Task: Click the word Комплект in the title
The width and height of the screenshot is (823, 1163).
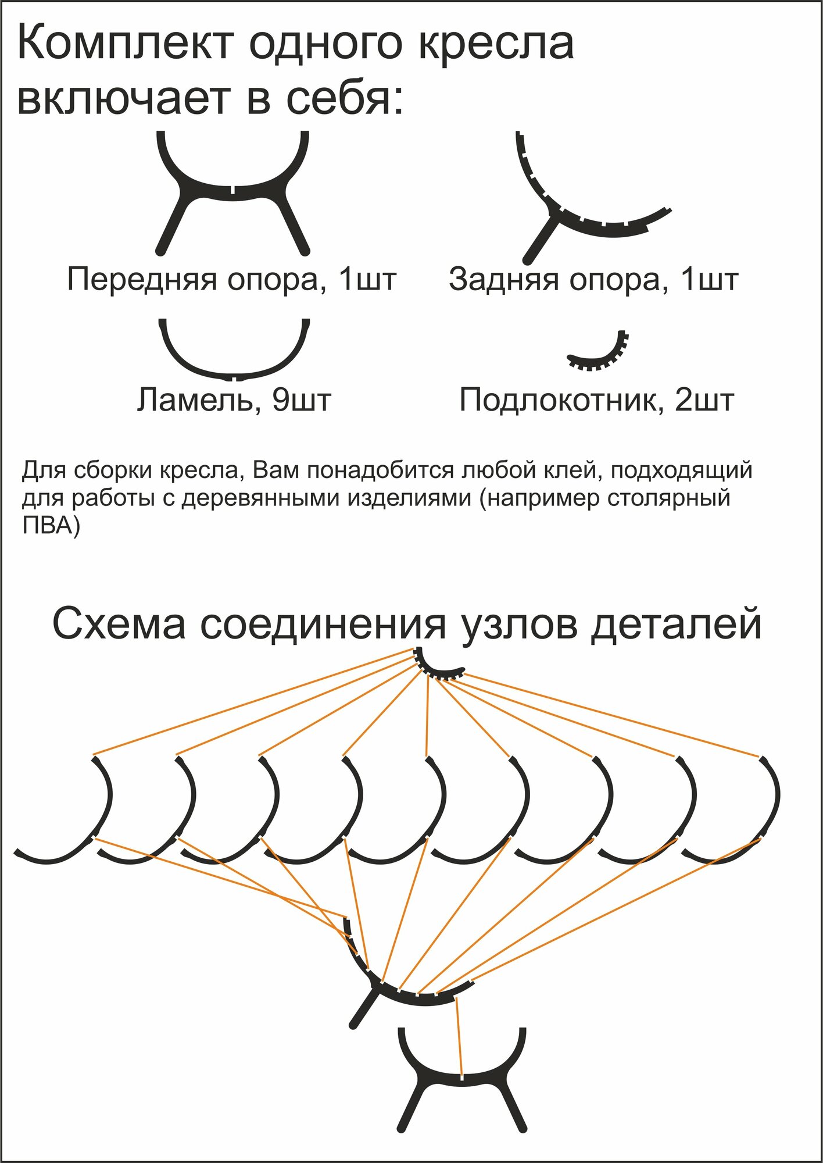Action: pos(126,44)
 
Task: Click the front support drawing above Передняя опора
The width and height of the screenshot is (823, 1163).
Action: pos(232,192)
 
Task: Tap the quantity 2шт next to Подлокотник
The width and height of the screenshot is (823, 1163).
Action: pos(704,400)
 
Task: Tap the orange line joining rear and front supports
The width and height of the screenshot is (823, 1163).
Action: pos(459,1035)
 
